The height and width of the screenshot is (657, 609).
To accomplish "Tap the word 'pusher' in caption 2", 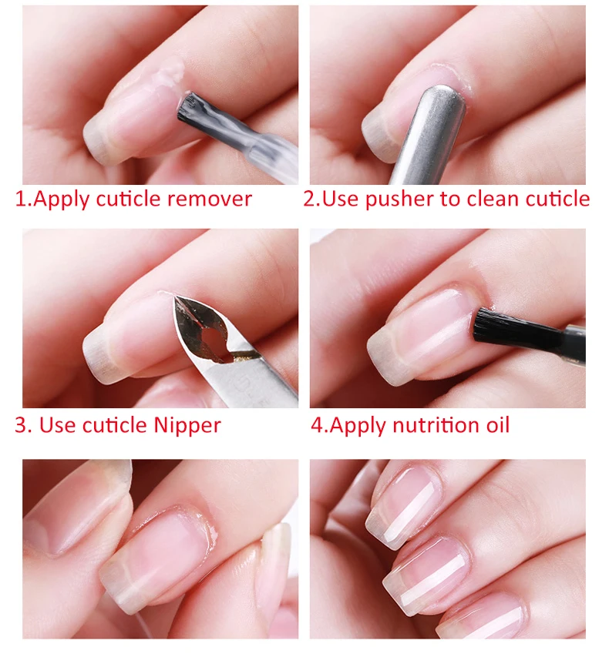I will tap(399, 199).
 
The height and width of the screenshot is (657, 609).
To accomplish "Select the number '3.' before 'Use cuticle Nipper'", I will tap(22, 424).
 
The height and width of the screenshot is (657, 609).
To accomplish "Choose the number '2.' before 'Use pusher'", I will tap(311, 199).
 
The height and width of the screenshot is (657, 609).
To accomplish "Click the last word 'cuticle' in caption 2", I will tap(557, 199).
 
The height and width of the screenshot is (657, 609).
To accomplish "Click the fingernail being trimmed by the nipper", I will tap(131, 331).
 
